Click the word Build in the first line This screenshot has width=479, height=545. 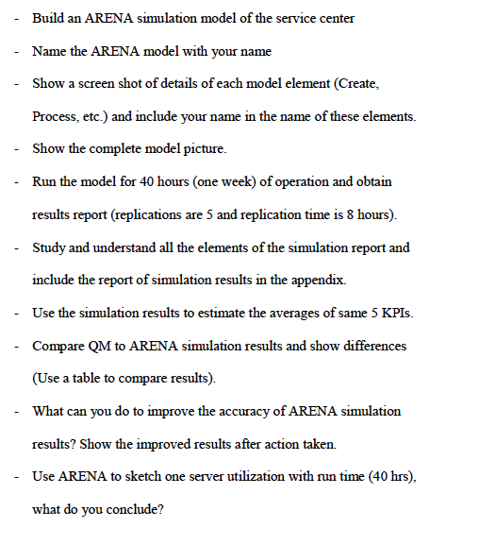[x=49, y=17]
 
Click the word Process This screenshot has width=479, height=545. [x=55, y=116]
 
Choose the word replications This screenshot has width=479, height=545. [x=156, y=214]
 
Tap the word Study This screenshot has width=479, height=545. [x=49, y=247]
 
